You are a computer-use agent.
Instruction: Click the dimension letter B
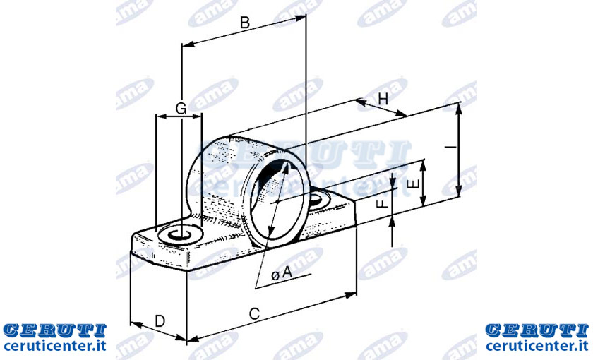point(245,23)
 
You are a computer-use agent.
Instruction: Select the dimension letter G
point(181,109)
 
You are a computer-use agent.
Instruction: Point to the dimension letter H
point(383,100)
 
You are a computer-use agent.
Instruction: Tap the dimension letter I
point(450,147)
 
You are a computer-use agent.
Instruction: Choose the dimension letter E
point(414,184)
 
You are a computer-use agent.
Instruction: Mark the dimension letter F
point(383,204)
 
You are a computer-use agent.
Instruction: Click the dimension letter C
point(255,314)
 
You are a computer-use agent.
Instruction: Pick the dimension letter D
point(160,321)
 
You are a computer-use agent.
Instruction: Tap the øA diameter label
point(282,273)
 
